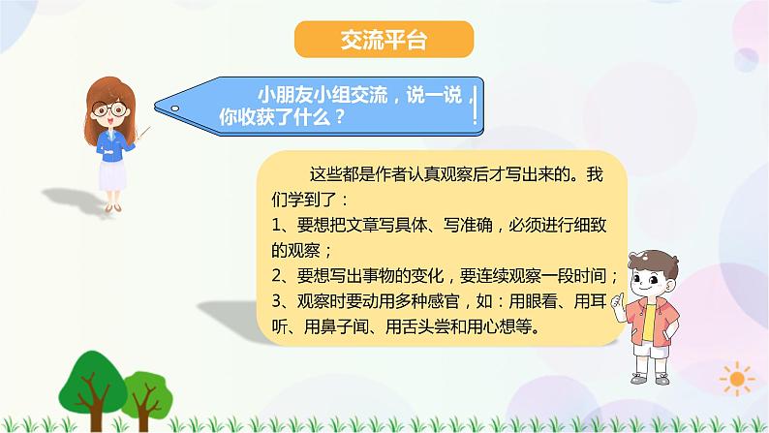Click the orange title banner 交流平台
click(x=384, y=40)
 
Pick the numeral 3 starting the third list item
click(x=276, y=300)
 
